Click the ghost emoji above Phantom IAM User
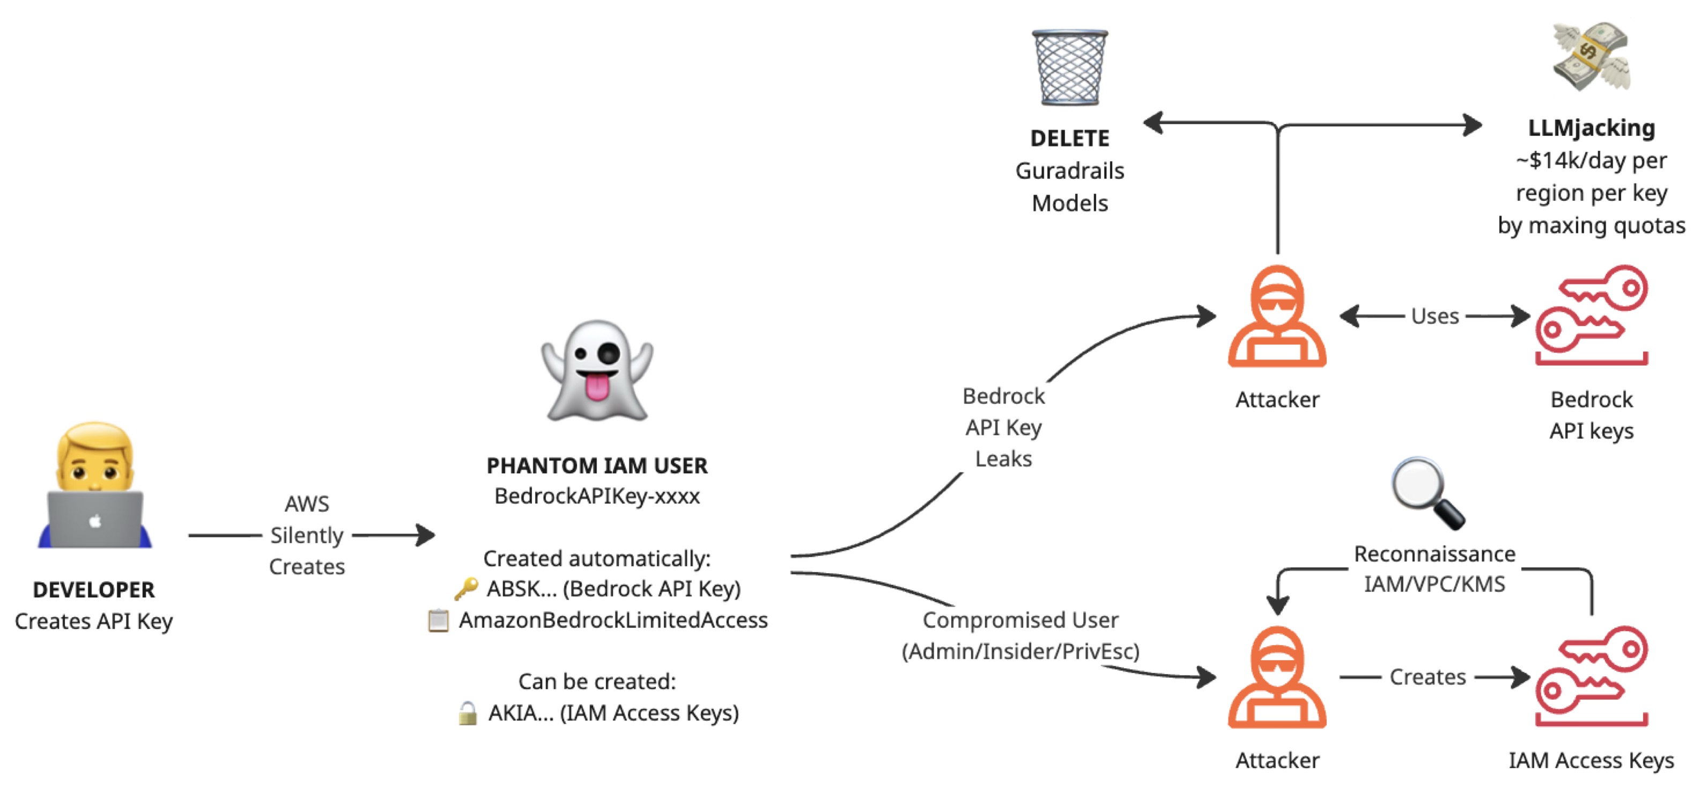point(597,371)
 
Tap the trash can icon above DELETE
point(1070,68)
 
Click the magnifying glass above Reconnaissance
point(1428,493)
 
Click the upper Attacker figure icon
point(1277,317)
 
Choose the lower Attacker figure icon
point(1277,678)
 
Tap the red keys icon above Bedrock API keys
point(1592,316)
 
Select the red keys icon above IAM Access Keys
point(1592,677)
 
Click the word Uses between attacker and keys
point(1434,317)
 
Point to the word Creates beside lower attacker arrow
point(1428,677)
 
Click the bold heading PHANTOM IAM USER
point(597,466)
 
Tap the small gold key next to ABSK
point(466,588)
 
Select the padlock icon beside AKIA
point(468,713)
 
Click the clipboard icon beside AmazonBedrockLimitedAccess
point(439,620)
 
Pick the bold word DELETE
point(1070,139)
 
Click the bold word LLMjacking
point(1592,128)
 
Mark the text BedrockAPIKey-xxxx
point(597,496)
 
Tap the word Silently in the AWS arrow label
point(307,535)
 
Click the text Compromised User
point(1020,620)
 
